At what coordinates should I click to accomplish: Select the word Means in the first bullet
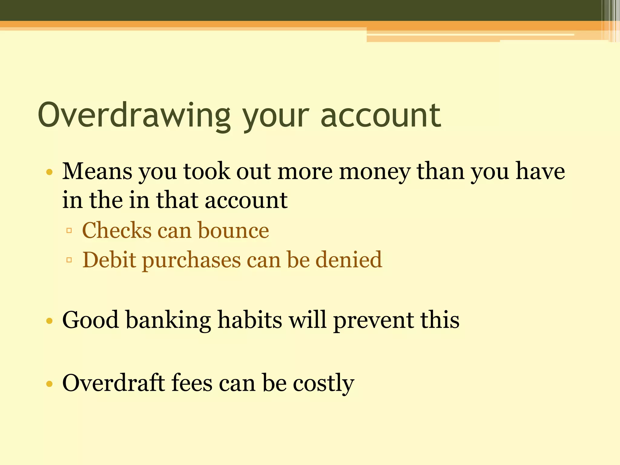coord(97,171)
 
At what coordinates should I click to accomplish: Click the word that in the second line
coord(177,200)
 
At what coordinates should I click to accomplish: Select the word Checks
coord(117,230)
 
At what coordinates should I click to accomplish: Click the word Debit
coord(109,260)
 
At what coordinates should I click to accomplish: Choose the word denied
coord(349,260)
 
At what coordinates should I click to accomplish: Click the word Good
coord(90,320)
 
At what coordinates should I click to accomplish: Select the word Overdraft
coord(114,383)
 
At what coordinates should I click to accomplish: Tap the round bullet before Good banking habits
coord(49,321)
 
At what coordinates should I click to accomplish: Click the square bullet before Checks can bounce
coord(69,231)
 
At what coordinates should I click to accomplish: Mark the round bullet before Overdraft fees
coord(49,384)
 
